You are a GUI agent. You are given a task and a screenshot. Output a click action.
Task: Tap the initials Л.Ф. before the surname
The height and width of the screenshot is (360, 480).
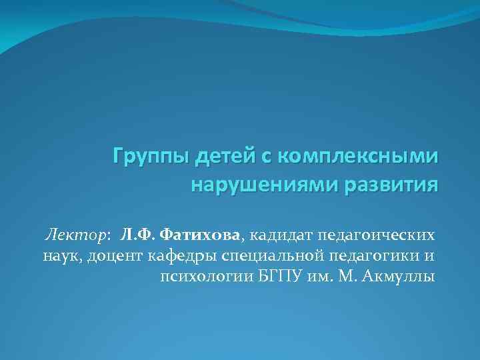tap(138, 235)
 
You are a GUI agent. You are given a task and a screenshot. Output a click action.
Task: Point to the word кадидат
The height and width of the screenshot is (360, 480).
tap(281, 235)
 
